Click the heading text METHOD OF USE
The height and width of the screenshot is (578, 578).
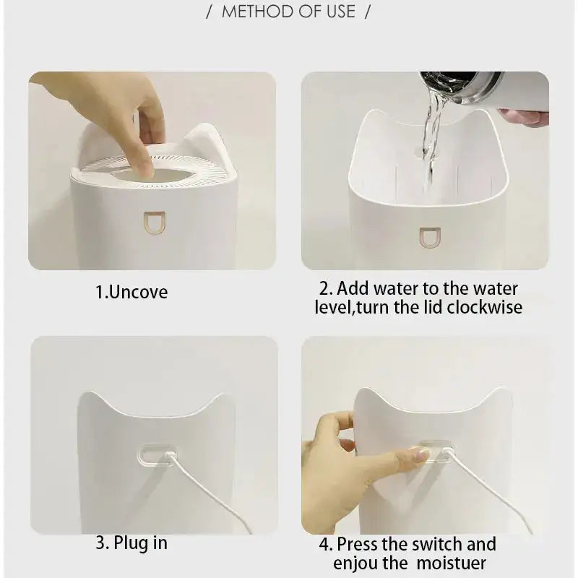[x=288, y=12]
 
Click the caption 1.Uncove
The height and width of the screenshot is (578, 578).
[x=131, y=293]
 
